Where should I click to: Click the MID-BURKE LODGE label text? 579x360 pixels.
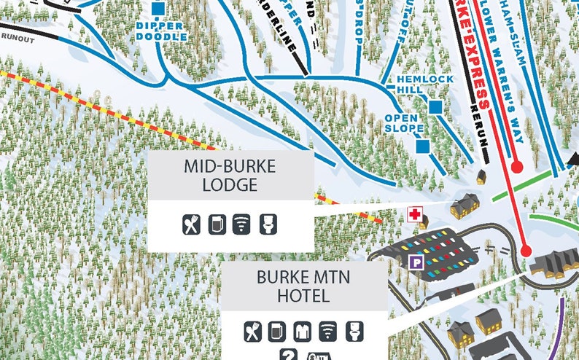pyautogui.click(x=230, y=176)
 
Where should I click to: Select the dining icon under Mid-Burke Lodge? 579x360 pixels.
pyautogui.click(x=191, y=224)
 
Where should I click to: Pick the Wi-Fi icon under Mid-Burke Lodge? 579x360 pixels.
pyautogui.click(x=241, y=224)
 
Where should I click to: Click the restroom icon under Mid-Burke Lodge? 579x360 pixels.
pyautogui.click(x=268, y=224)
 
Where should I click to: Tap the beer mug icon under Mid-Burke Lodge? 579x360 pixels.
pyautogui.click(x=217, y=224)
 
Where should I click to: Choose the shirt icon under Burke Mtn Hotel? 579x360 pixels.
pyautogui.click(x=302, y=331)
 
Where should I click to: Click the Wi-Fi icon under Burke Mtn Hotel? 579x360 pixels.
pyautogui.click(x=328, y=331)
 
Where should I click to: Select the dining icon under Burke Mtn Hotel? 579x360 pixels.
pyautogui.click(x=252, y=331)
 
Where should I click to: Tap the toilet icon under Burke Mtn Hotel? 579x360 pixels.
pyautogui.click(x=354, y=331)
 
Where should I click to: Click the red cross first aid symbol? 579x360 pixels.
pyautogui.click(x=415, y=214)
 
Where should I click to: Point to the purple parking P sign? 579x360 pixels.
pyautogui.click(x=416, y=262)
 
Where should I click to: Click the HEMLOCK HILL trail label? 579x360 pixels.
pyautogui.click(x=425, y=84)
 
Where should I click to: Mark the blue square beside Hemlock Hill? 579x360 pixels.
pyautogui.click(x=436, y=107)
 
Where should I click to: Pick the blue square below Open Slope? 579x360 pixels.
pyautogui.click(x=422, y=146)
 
